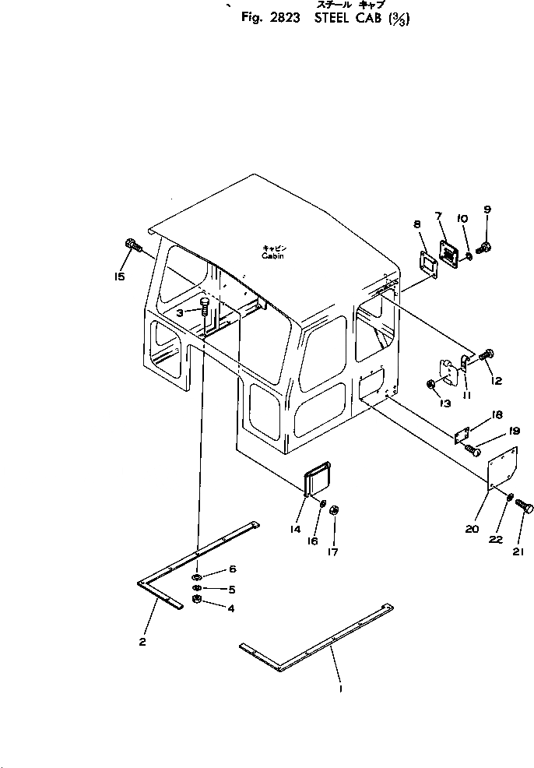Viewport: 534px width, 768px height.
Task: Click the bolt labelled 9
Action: (484, 248)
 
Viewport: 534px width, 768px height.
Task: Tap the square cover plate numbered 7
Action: (449, 252)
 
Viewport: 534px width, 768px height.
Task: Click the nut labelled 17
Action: (334, 510)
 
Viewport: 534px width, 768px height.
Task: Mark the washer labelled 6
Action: (199, 576)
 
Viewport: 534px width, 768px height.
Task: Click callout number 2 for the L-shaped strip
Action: (142, 642)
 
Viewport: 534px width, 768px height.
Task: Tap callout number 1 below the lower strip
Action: (340, 689)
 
